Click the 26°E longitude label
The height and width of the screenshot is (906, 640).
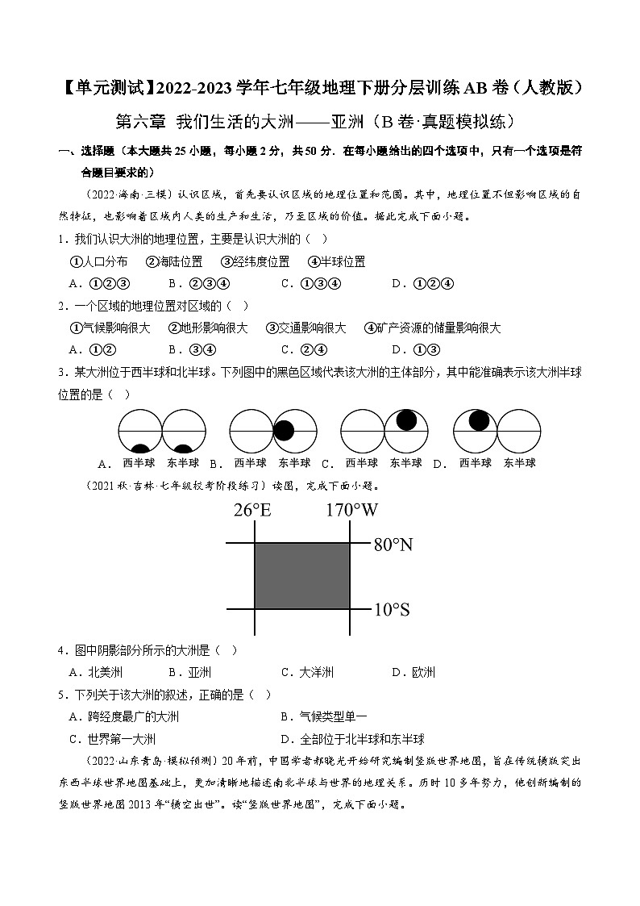click(x=252, y=510)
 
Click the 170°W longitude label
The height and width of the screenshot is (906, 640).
click(x=351, y=510)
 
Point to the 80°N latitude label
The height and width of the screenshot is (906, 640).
click(x=393, y=545)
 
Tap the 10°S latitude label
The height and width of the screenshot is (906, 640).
click(x=391, y=609)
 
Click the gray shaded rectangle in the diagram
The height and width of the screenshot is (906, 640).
click(x=302, y=575)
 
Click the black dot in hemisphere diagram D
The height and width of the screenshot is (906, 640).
click(x=480, y=420)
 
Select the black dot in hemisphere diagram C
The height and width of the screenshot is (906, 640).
click(x=406, y=420)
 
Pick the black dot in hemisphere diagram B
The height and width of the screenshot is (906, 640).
click(x=284, y=432)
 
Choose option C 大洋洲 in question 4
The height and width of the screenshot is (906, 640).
click(x=307, y=672)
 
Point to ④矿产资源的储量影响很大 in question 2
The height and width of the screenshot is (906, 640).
click(x=432, y=328)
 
